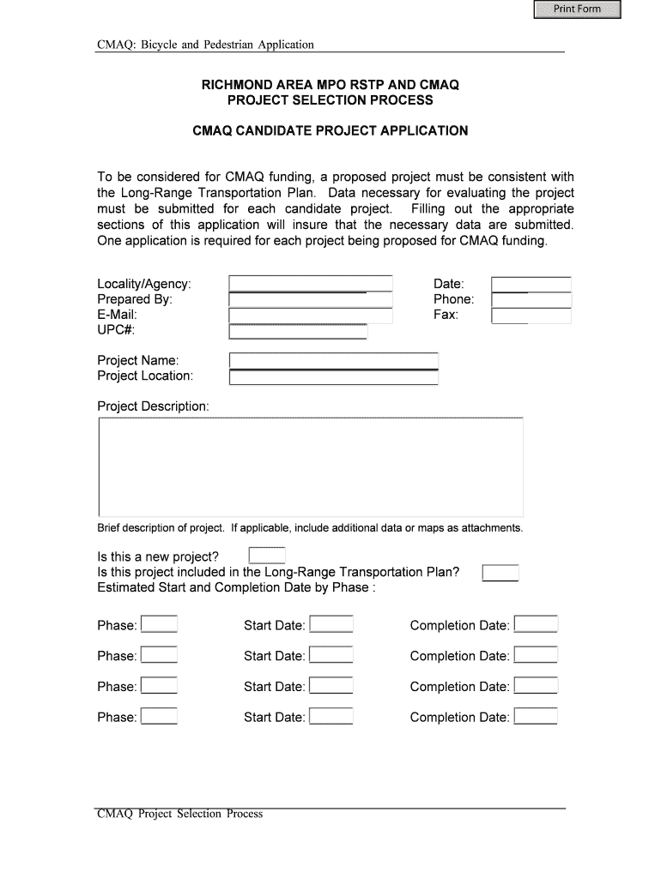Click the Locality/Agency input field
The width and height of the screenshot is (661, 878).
[310, 284]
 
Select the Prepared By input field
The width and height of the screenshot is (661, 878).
[310, 300]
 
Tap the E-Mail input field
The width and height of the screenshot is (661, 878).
[310, 316]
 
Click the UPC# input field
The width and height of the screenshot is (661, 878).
[298, 332]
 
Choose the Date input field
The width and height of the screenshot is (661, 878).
[531, 284]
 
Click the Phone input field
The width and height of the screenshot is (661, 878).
[531, 300]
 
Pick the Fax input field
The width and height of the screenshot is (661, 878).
[531, 316]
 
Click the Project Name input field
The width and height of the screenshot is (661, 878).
[333, 361]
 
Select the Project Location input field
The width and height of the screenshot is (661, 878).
[333, 377]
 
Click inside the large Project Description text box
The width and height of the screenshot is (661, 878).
[310, 466]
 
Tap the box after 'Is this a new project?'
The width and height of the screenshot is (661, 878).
[266, 556]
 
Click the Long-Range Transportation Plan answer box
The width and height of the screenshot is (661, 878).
[500, 572]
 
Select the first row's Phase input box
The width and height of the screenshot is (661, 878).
[159, 625]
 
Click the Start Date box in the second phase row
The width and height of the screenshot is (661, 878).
[330, 656]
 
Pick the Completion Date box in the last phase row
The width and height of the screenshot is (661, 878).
[536, 717]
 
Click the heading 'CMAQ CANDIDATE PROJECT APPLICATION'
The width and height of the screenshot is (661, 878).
[330, 131]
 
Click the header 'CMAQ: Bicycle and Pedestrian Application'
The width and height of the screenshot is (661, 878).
[205, 44]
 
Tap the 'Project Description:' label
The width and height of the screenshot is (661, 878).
[153, 406]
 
